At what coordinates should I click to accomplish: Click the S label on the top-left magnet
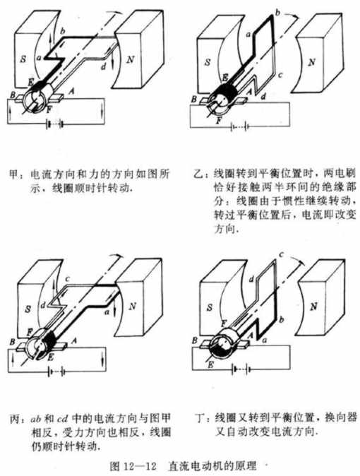pyautogui.click(x=23, y=59)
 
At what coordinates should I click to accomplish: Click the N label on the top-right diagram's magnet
pyautogui.click(x=311, y=62)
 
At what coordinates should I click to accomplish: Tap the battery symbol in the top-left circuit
pyautogui.click(x=54, y=125)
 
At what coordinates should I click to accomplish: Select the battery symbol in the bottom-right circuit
pyautogui.click(x=241, y=369)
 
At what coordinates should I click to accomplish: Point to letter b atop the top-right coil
pyautogui.click(x=277, y=13)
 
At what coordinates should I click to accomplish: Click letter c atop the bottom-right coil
pyautogui.click(x=281, y=254)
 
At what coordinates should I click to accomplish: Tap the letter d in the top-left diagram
pyautogui.click(x=104, y=66)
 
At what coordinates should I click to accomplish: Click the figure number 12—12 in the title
pyautogui.click(x=140, y=466)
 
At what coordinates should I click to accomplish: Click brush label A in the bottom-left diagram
pyautogui.click(x=73, y=340)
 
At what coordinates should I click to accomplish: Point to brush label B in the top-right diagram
pyautogui.click(x=194, y=99)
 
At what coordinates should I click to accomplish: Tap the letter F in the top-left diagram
pyautogui.click(x=49, y=110)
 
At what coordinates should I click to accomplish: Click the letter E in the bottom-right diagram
pyautogui.click(x=210, y=364)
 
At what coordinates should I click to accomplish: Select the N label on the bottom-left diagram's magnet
pyautogui.click(x=132, y=306)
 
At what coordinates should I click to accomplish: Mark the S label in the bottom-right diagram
pyautogui.click(x=210, y=307)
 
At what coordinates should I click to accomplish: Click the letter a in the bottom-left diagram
pyautogui.click(x=107, y=311)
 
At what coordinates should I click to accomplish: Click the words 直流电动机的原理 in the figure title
pyautogui.click(x=212, y=466)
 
